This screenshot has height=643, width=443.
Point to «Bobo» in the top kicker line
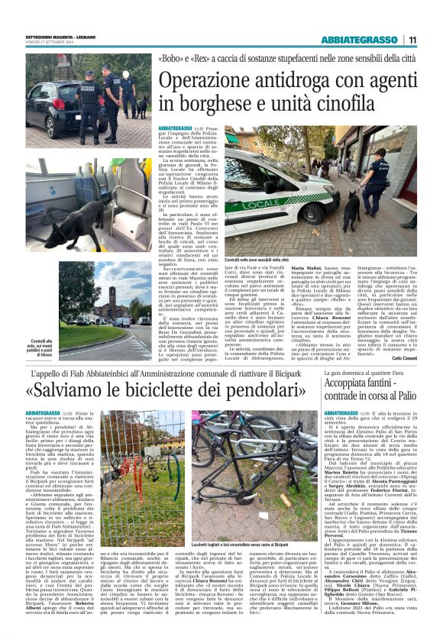click(x=168, y=59)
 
